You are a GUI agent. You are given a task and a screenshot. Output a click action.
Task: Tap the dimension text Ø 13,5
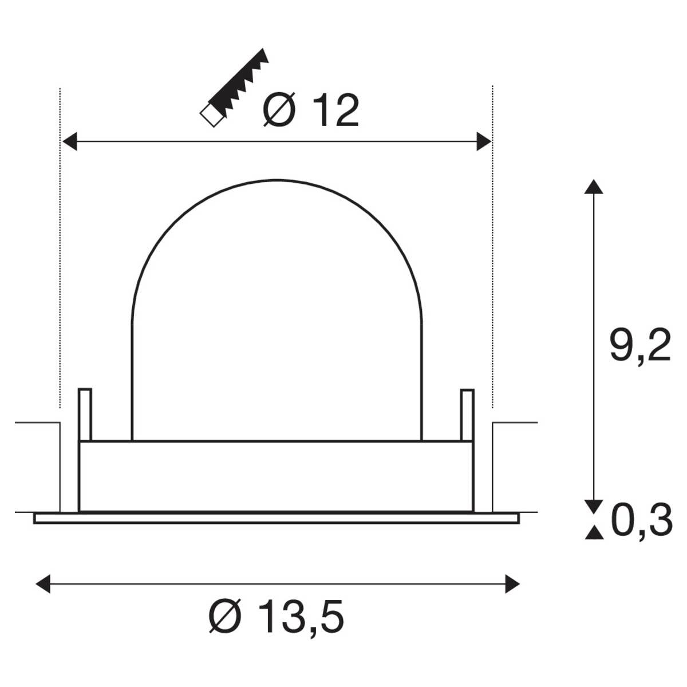pyautogui.click(x=276, y=617)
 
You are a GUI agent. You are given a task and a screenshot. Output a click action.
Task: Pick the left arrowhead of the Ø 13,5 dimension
pyautogui.click(x=43, y=584)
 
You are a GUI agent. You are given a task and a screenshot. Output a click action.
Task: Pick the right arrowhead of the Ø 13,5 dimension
pyautogui.click(x=512, y=584)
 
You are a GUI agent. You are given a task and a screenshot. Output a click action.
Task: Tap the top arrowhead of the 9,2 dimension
pyautogui.click(x=594, y=187)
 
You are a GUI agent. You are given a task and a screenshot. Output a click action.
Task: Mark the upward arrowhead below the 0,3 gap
pyautogui.click(x=594, y=533)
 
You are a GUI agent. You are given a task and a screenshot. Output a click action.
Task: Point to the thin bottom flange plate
pyautogui.click(x=276, y=518)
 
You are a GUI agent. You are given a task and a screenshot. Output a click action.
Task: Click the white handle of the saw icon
pyautogui.click(x=211, y=115)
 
